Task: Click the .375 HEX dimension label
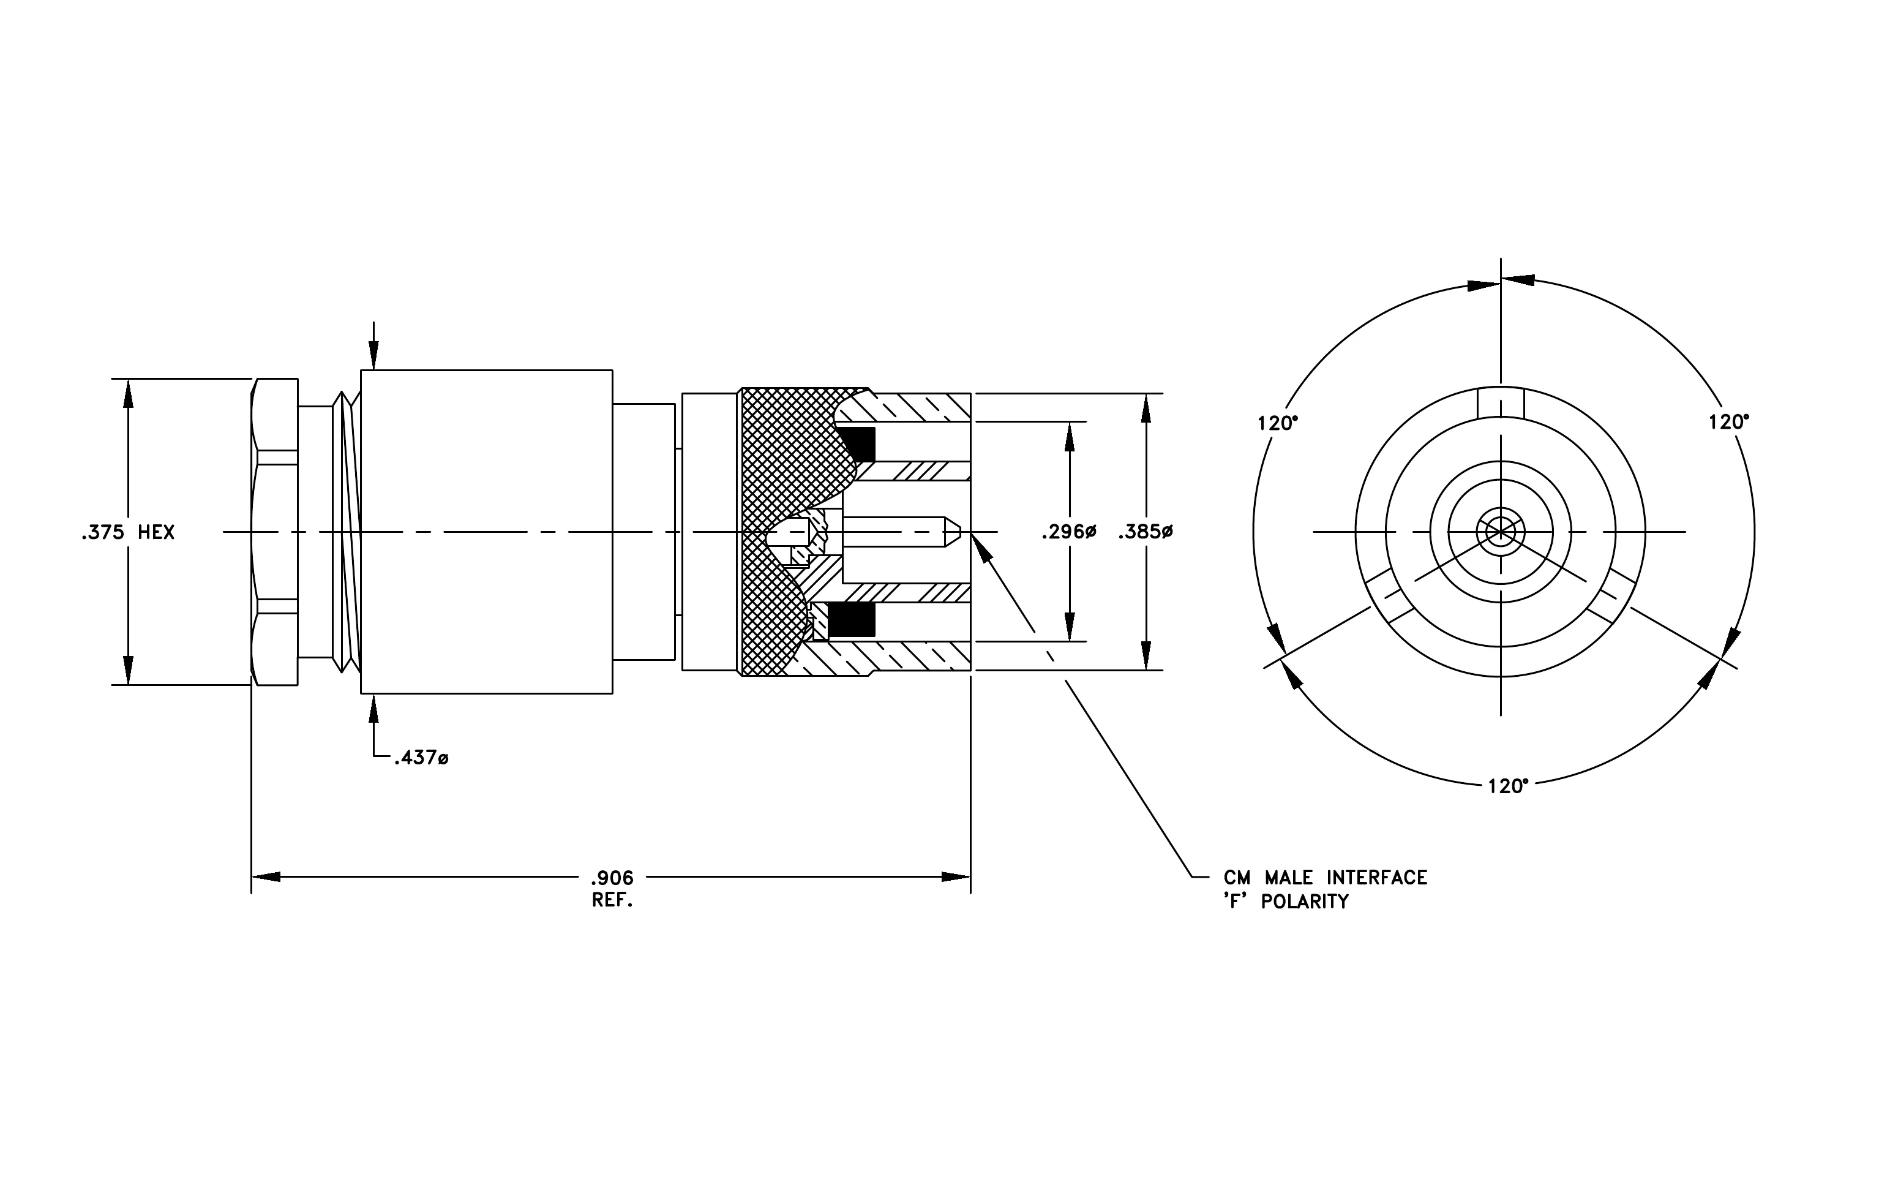[x=128, y=533]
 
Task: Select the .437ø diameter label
[x=421, y=758]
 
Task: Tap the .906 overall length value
[x=612, y=879]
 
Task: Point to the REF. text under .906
[x=612, y=900]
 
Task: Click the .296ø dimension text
[x=1069, y=533]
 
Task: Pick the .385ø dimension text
[x=1146, y=533]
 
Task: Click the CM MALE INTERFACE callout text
[x=1326, y=878]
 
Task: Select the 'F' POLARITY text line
[x=1286, y=902]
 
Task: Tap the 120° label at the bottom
[x=1507, y=786]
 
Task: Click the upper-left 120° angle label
[x=1277, y=424]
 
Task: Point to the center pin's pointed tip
[x=960, y=532]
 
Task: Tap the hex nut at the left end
[x=275, y=532]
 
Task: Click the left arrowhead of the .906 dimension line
[x=265, y=877]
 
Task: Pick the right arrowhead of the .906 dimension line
[x=956, y=877]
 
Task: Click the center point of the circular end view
[x=1501, y=532]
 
